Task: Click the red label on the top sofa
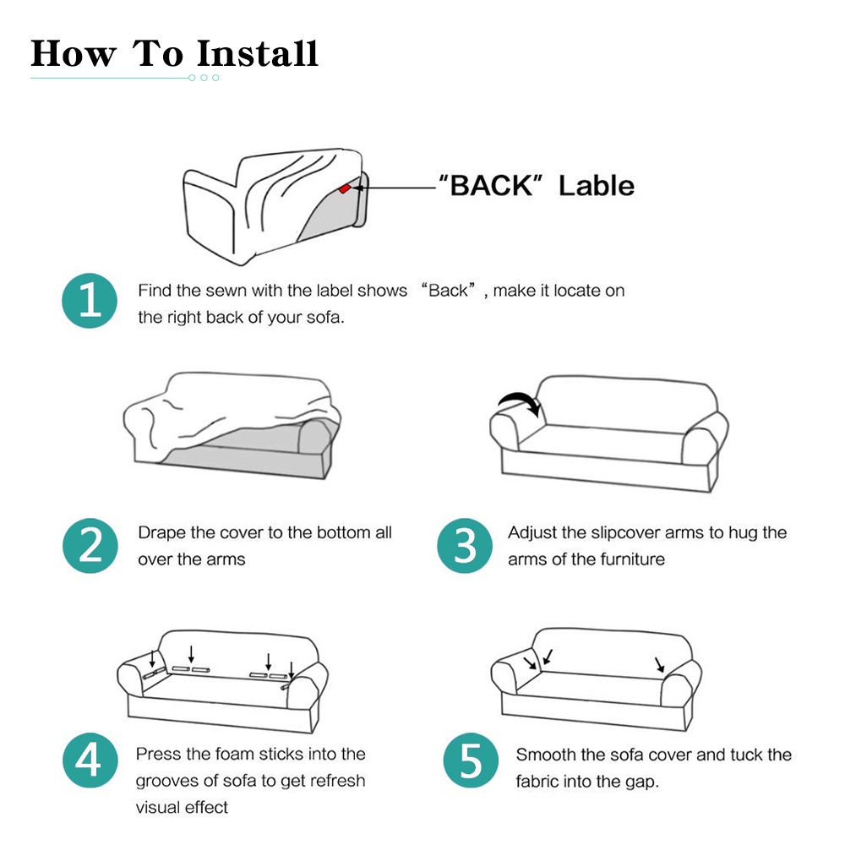pos(344,188)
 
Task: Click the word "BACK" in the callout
pos(489,185)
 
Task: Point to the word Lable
pos(596,185)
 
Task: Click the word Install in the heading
pos(257,53)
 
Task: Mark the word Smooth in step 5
pos(546,754)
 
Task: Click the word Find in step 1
pos(155,291)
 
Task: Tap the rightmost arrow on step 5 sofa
pos(659,664)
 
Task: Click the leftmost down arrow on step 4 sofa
pos(152,657)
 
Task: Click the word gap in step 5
pos(641,782)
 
